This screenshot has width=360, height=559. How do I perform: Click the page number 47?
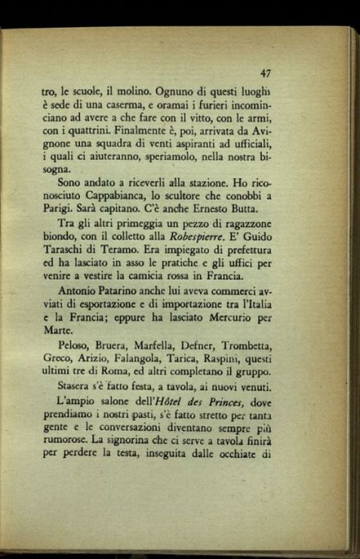[266, 73]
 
